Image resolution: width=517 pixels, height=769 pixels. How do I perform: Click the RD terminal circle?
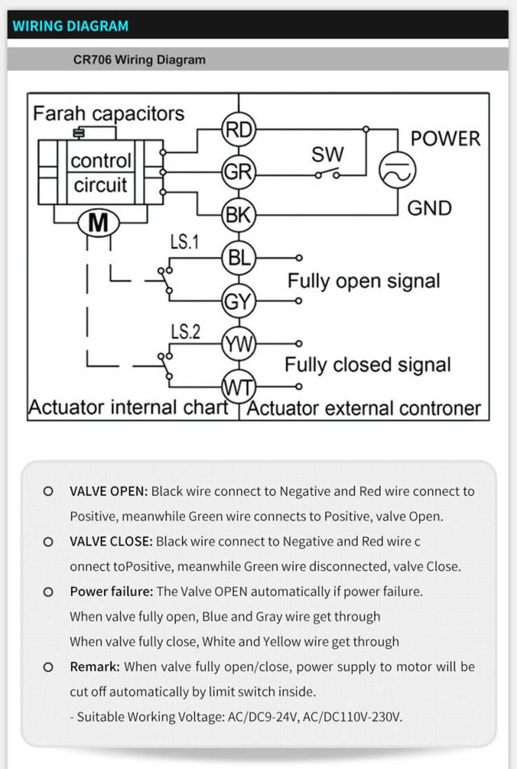tap(239, 130)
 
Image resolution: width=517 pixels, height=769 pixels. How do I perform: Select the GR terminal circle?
tap(239, 171)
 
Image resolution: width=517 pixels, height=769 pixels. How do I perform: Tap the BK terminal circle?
tap(239, 215)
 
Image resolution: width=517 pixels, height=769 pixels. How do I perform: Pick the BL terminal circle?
tap(239, 258)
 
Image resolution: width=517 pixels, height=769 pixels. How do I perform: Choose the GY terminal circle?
tap(239, 301)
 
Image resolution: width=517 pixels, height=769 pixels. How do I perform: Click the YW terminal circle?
tap(239, 344)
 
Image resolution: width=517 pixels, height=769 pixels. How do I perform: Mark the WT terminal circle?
tap(239, 387)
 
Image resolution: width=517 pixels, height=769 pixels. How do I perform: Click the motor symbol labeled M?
tap(98, 223)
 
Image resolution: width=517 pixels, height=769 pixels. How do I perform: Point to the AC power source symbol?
tap(397, 170)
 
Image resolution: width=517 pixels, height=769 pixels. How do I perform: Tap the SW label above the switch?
tap(328, 154)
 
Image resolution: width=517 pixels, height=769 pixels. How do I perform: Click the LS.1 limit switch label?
tap(185, 242)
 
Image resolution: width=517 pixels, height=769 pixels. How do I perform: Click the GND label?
tap(429, 208)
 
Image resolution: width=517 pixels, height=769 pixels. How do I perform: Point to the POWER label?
tap(445, 138)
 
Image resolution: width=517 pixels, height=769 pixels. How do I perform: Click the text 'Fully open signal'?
tap(363, 281)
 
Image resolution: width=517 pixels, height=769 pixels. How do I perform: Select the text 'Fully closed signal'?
tap(367, 365)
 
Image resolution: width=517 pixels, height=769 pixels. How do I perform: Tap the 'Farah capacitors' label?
tap(109, 113)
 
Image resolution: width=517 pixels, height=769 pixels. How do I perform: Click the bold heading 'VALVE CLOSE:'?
tap(111, 541)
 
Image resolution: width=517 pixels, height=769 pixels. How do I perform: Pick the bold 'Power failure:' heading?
tap(111, 591)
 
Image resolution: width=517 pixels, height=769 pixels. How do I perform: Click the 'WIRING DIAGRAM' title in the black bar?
tap(71, 26)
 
